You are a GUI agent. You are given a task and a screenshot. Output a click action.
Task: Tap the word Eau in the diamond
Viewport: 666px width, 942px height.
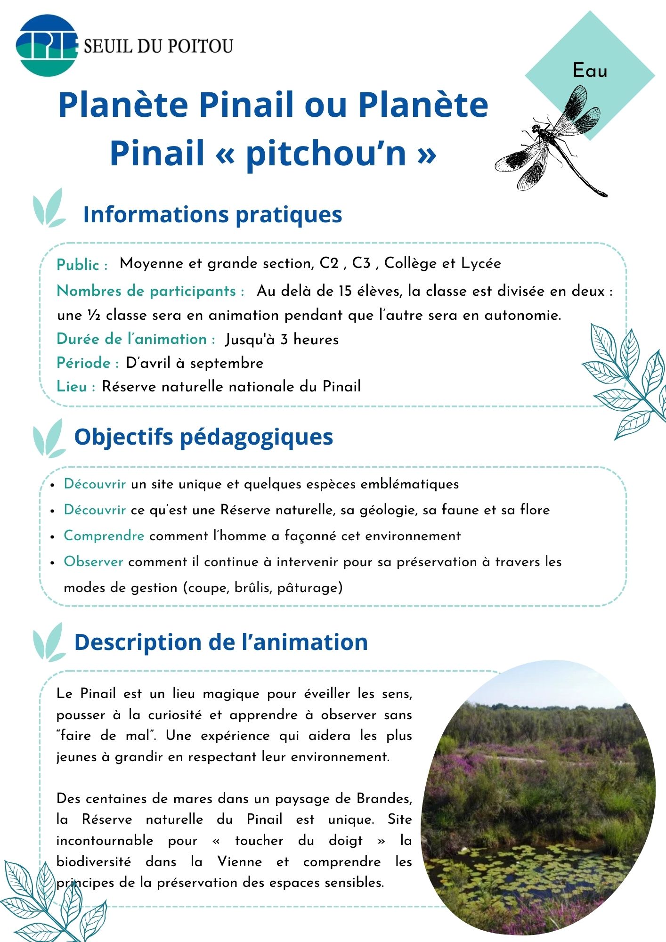point(590,71)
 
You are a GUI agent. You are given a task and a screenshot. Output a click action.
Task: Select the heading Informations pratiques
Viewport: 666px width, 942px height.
point(212,214)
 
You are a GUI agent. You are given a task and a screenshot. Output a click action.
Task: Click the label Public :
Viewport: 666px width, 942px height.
point(82,265)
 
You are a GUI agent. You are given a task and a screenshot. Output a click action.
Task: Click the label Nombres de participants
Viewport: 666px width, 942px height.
point(150,291)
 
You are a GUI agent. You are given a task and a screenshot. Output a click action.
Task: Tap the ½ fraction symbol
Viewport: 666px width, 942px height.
point(91,315)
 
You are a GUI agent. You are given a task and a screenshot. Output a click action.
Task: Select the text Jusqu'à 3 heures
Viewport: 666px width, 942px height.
point(282,340)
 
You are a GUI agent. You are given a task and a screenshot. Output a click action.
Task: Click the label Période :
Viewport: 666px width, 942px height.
point(88,363)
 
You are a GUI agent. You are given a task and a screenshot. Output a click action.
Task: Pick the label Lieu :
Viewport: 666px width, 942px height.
point(76,387)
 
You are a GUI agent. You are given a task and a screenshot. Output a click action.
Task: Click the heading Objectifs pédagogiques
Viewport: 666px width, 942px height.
point(203,437)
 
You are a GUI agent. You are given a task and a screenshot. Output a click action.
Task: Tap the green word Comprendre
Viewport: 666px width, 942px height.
point(104,536)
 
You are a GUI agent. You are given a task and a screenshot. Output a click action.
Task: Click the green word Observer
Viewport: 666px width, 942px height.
point(93,562)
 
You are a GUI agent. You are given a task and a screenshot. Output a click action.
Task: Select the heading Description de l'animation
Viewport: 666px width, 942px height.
point(220,642)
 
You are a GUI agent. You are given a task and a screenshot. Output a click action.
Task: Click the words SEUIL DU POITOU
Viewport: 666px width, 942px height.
point(158,46)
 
